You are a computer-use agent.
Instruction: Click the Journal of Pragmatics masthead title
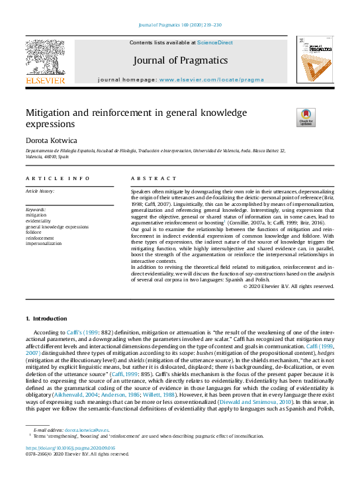click(x=180, y=60)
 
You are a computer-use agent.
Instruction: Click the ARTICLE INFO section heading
click(x=58, y=179)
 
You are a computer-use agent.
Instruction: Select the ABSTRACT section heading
click(x=154, y=179)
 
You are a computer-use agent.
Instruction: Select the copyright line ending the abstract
click(x=289, y=286)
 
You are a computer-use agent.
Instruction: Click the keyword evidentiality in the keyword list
click(x=38, y=221)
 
